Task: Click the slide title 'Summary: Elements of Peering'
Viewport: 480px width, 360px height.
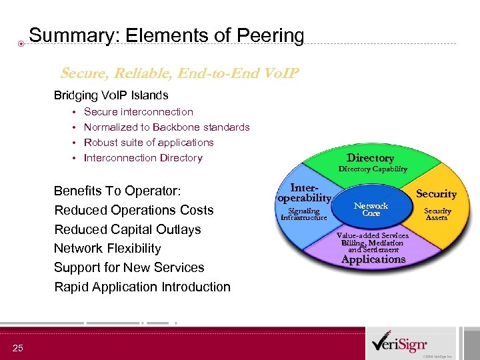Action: pyautogui.click(x=167, y=35)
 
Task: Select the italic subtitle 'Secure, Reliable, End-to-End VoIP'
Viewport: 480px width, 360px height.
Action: pyautogui.click(x=180, y=73)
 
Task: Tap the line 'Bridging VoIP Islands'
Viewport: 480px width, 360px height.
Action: pyautogui.click(x=111, y=95)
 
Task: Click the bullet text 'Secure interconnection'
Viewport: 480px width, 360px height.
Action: pyautogui.click(x=138, y=112)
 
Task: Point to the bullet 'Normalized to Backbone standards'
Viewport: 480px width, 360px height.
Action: pyautogui.click(x=167, y=127)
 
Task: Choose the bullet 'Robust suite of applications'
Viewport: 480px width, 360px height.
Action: pyautogui.click(x=149, y=143)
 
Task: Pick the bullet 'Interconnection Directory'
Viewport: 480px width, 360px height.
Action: pyautogui.click(x=143, y=158)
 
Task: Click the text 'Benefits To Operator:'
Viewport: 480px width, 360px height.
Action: pyautogui.click(x=117, y=191)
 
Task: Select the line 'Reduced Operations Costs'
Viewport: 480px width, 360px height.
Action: pyautogui.click(x=133, y=210)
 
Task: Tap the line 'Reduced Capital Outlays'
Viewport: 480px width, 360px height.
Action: pyautogui.click(x=127, y=229)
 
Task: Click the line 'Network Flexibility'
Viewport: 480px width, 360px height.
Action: pyautogui.click(x=107, y=249)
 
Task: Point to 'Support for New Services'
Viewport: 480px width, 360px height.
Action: pyautogui.click(x=129, y=268)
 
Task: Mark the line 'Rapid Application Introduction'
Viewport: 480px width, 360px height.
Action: pyautogui.click(x=142, y=287)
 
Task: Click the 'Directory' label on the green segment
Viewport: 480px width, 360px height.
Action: pyautogui.click(x=370, y=158)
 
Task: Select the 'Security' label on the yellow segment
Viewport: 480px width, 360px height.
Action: pyautogui.click(x=436, y=194)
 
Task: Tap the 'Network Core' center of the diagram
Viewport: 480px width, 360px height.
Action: pyautogui.click(x=371, y=210)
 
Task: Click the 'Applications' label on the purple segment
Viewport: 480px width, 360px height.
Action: pyautogui.click(x=373, y=259)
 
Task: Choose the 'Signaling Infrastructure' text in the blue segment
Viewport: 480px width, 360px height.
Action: pyautogui.click(x=304, y=214)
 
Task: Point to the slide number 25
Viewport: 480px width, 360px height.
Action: pyautogui.click(x=17, y=348)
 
